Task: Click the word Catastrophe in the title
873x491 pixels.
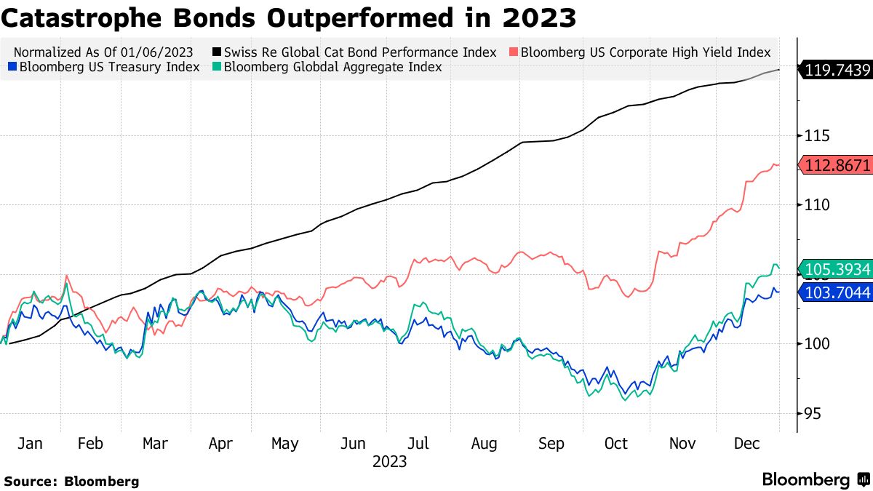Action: [82, 18]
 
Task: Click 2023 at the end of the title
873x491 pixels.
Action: [543, 18]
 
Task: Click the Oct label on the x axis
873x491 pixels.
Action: [616, 444]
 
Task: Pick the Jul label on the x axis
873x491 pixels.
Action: [418, 444]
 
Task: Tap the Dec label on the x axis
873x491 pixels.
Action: [747, 444]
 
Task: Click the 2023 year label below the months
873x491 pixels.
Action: [389, 462]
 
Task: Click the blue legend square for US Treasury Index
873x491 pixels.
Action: [12, 68]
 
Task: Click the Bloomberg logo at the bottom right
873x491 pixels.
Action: [815, 480]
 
